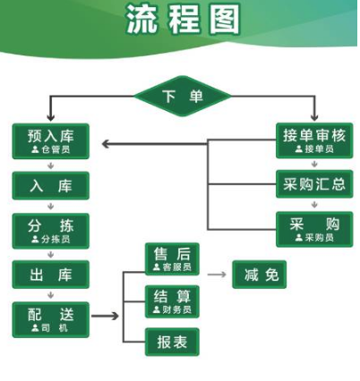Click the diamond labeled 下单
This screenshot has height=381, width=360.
[x=183, y=96]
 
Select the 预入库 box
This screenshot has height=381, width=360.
[x=51, y=141]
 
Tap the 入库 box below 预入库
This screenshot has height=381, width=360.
[x=51, y=185]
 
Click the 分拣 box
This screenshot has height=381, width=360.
[x=51, y=231]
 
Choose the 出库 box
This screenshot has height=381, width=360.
[x=51, y=275]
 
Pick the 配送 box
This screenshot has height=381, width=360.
[x=51, y=319]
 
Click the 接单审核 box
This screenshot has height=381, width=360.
[x=314, y=140]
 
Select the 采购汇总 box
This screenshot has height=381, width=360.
[x=314, y=184]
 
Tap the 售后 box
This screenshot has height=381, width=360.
[x=172, y=258]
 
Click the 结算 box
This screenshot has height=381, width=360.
[x=172, y=301]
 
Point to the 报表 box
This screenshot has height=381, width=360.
[x=172, y=342]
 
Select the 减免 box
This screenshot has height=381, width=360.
[x=259, y=275]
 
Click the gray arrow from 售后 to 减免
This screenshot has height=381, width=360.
[x=217, y=275]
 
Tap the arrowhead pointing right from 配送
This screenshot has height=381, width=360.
[x=116, y=316]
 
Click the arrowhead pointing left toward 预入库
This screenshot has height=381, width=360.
[x=106, y=144]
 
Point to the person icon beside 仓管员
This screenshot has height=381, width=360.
[x=35, y=149]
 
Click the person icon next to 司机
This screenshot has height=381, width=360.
[x=35, y=328]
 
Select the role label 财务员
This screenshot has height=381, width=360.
[x=176, y=309]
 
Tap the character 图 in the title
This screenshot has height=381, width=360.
[x=225, y=19]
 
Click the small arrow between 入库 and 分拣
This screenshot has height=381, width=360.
[x=51, y=207]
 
